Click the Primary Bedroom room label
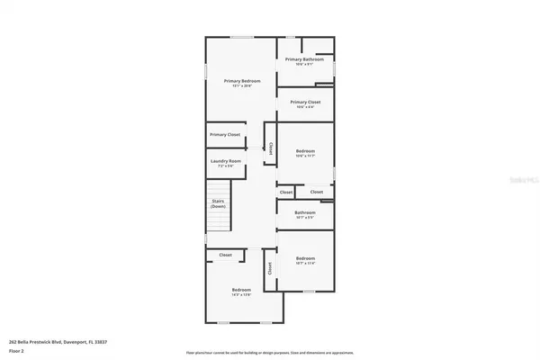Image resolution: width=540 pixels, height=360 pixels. [x=242, y=81]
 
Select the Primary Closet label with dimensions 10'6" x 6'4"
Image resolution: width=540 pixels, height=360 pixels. [x=304, y=103]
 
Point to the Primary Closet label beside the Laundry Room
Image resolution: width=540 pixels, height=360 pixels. [x=225, y=134]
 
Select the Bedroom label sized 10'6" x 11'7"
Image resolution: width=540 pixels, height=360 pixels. [x=304, y=151]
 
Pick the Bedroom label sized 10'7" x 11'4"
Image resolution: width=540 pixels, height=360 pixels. [x=304, y=258]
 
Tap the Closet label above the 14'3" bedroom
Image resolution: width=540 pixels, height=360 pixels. [x=225, y=256]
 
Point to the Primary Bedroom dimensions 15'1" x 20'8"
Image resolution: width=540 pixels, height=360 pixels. [x=242, y=85]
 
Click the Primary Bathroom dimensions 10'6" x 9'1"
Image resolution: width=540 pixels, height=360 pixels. [x=304, y=64]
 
